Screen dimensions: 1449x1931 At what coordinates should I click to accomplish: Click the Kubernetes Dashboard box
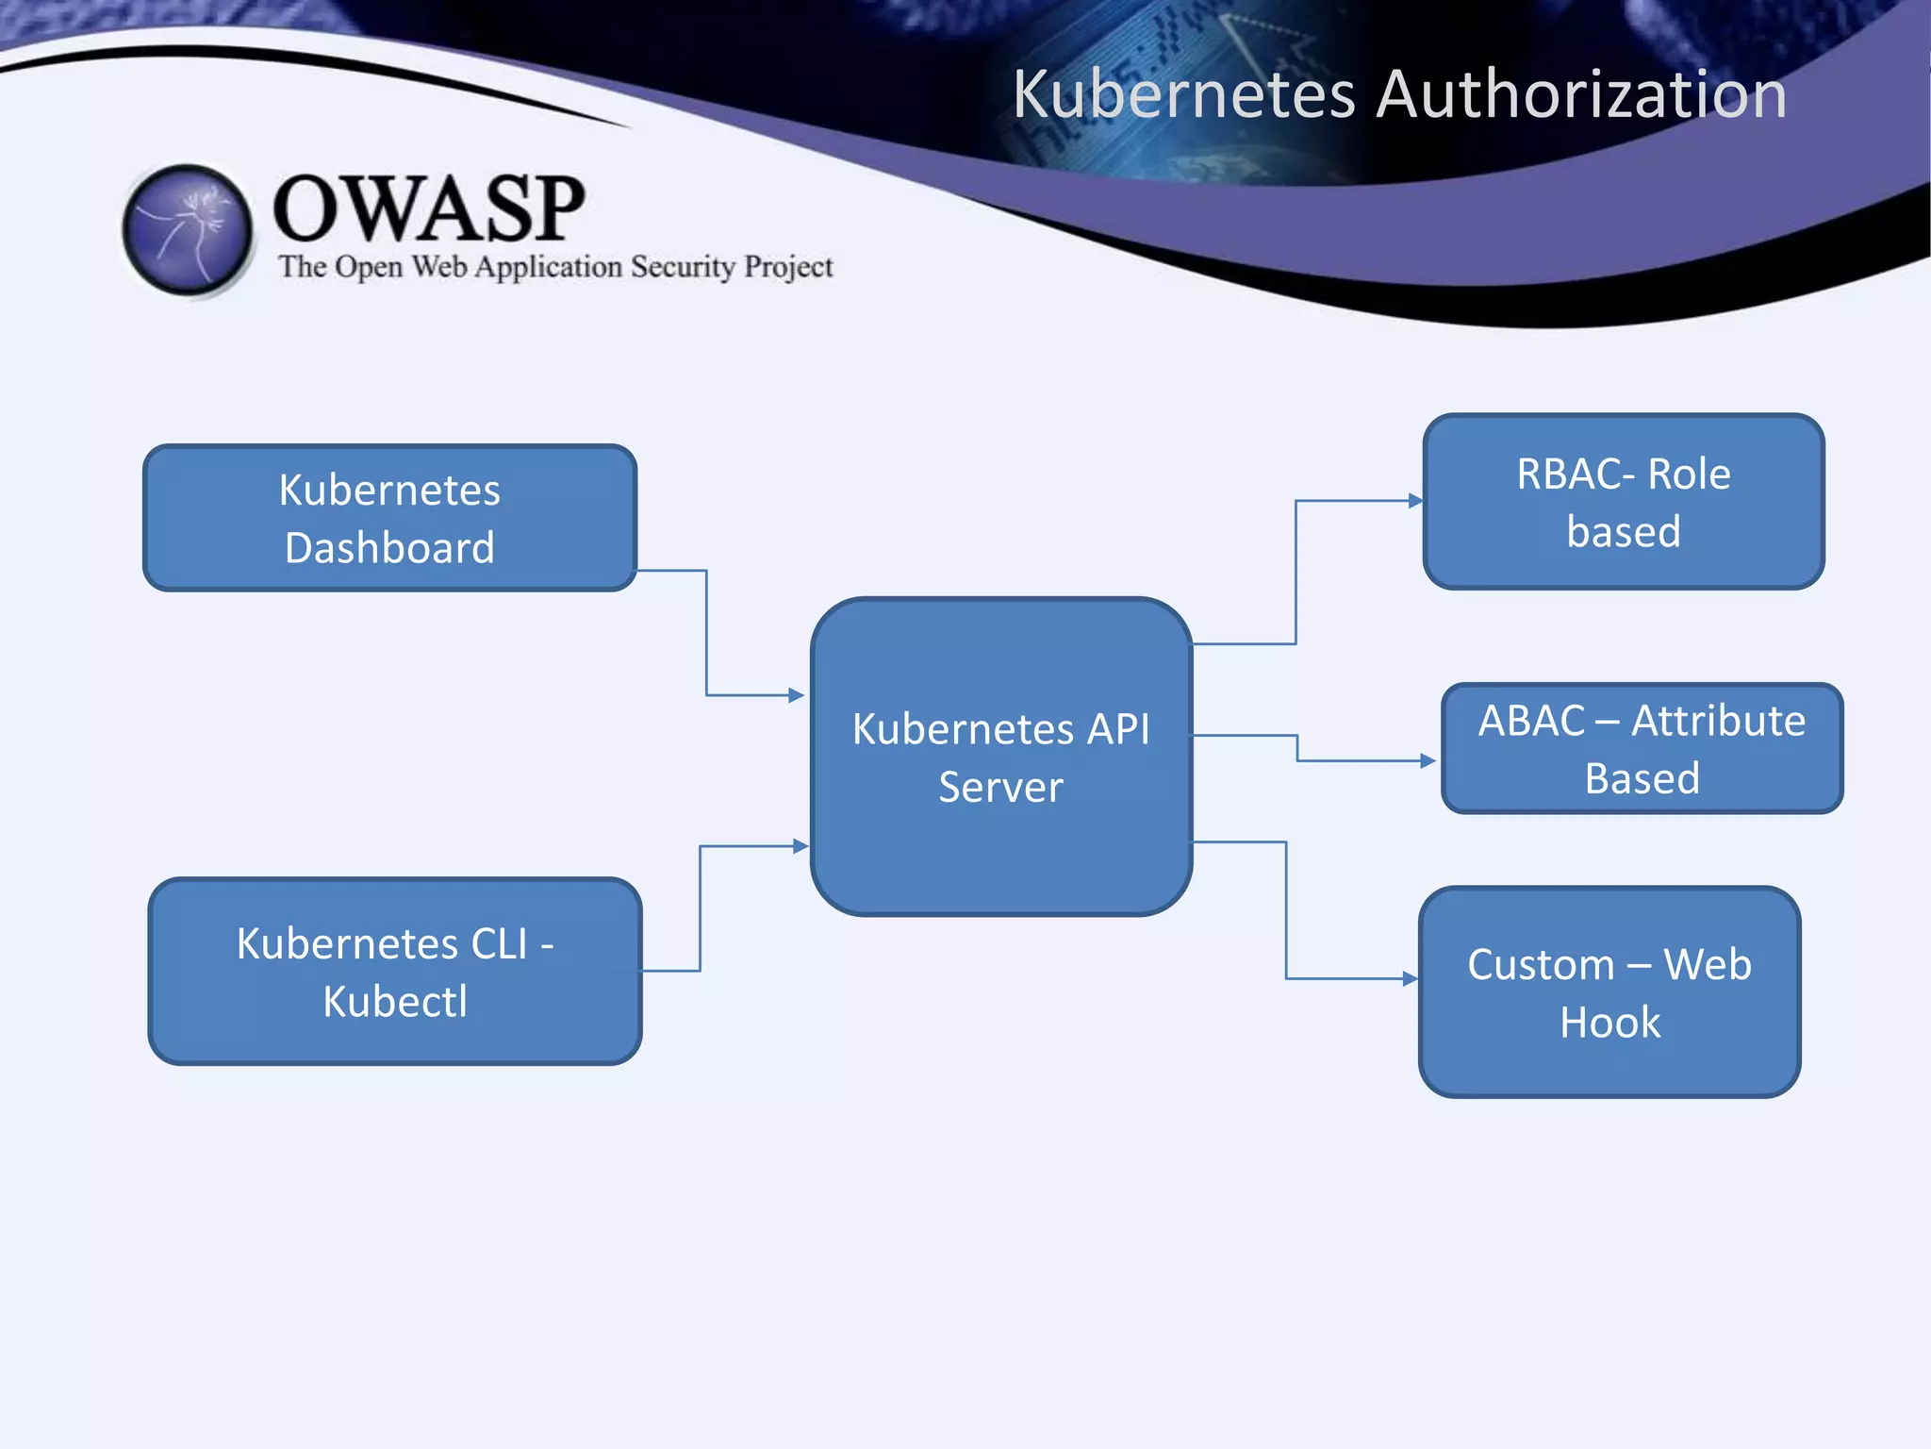(389, 518)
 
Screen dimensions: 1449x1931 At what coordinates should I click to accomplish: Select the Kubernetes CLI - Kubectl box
(395, 971)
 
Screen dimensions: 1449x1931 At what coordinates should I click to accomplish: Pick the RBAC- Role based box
(1623, 502)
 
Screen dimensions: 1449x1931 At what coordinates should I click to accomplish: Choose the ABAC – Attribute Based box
(1642, 748)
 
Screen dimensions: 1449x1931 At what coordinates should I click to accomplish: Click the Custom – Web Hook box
(1609, 991)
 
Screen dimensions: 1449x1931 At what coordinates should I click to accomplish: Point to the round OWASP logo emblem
(188, 229)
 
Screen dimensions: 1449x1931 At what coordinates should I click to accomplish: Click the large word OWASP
(429, 208)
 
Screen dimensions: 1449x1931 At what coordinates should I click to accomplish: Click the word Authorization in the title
(1580, 94)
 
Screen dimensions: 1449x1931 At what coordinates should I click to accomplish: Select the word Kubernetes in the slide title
(1183, 94)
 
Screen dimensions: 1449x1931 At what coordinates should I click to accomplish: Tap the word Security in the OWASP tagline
(683, 267)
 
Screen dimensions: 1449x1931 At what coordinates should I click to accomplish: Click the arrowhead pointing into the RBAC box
(1415, 501)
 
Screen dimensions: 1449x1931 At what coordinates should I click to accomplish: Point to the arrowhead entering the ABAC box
(1428, 760)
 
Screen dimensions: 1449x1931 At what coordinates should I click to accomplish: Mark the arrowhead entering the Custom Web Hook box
(1411, 979)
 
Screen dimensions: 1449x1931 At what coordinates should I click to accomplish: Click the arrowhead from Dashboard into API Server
(797, 695)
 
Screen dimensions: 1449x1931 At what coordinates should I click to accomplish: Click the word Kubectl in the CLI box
(395, 1002)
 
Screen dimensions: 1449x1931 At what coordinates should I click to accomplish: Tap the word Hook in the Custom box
(1609, 1023)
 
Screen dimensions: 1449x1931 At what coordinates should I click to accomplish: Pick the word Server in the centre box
(1000, 788)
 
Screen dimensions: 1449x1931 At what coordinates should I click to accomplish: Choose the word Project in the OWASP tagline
(788, 267)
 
